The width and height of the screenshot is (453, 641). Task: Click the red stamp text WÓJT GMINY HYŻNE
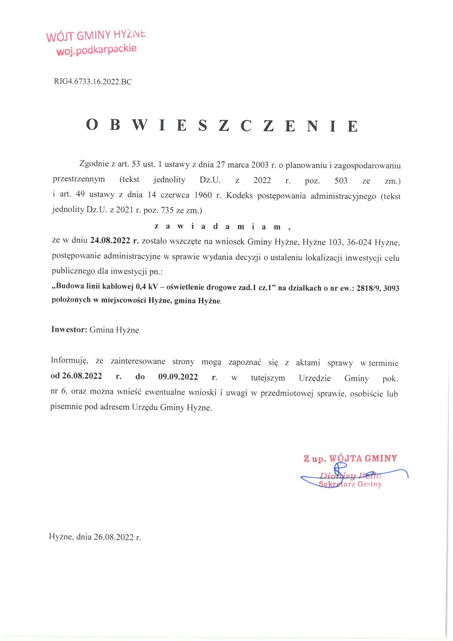click(x=96, y=35)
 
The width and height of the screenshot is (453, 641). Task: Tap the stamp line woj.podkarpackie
click(x=96, y=50)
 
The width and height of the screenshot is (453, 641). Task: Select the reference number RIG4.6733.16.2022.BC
click(x=93, y=81)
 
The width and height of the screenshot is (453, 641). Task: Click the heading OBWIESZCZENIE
click(x=222, y=125)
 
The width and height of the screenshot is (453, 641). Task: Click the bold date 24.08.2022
click(x=110, y=240)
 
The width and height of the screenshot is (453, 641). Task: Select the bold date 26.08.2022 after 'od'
click(x=82, y=376)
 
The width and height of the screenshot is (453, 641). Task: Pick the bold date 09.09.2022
click(x=178, y=377)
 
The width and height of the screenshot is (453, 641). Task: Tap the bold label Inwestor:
click(x=69, y=330)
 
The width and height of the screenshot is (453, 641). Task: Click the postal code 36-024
click(x=359, y=242)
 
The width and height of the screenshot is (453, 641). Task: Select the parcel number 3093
click(x=391, y=288)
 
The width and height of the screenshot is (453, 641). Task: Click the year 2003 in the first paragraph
click(x=260, y=165)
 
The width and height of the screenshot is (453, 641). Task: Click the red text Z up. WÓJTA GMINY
click(x=350, y=458)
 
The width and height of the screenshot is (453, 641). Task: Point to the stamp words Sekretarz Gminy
click(x=350, y=484)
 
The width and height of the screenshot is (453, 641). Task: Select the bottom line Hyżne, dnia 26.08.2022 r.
click(x=95, y=537)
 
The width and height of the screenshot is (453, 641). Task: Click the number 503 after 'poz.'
click(x=341, y=181)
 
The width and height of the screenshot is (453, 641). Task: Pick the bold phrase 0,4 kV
click(x=147, y=286)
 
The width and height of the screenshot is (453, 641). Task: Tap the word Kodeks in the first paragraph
click(x=240, y=195)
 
